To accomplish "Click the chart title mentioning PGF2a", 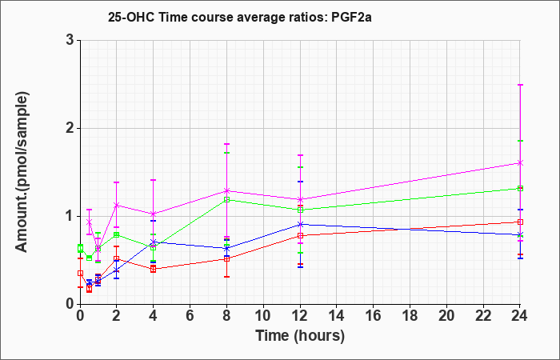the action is pyautogui.click(x=240, y=17).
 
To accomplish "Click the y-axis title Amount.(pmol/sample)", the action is pyautogui.click(x=22, y=172).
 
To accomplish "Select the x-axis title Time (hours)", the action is pyautogui.click(x=300, y=336).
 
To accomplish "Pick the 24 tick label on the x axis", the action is pyautogui.click(x=520, y=316).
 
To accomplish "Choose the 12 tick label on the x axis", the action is pyautogui.click(x=300, y=316).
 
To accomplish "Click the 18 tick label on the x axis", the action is pyautogui.click(x=410, y=316).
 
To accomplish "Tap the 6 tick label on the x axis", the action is pyautogui.click(x=190, y=316).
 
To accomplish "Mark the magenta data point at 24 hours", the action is pyautogui.click(x=520, y=163).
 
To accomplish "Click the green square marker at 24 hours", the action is pyautogui.click(x=520, y=188).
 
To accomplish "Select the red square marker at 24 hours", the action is pyautogui.click(x=520, y=222).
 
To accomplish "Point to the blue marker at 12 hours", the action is pyautogui.click(x=300, y=224).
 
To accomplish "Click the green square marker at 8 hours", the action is pyautogui.click(x=226, y=199).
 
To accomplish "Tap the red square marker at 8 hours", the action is pyautogui.click(x=226, y=258).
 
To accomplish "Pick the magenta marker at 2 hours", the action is pyautogui.click(x=117, y=205).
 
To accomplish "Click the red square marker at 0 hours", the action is pyautogui.click(x=80, y=273).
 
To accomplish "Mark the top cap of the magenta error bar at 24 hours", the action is pyautogui.click(x=520, y=85).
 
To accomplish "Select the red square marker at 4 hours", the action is pyautogui.click(x=154, y=269).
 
